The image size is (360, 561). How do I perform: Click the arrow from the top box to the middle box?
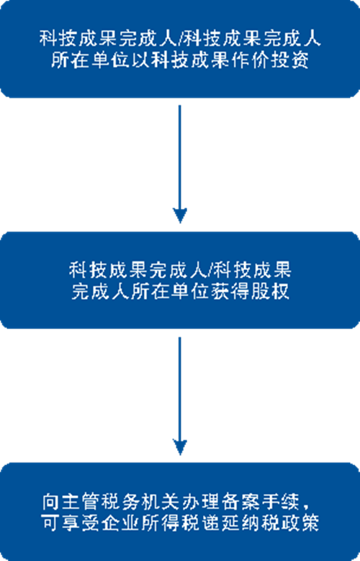pos(180,164)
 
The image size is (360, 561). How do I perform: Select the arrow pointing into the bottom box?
pos(180,395)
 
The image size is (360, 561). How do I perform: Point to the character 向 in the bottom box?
pos(50,501)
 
